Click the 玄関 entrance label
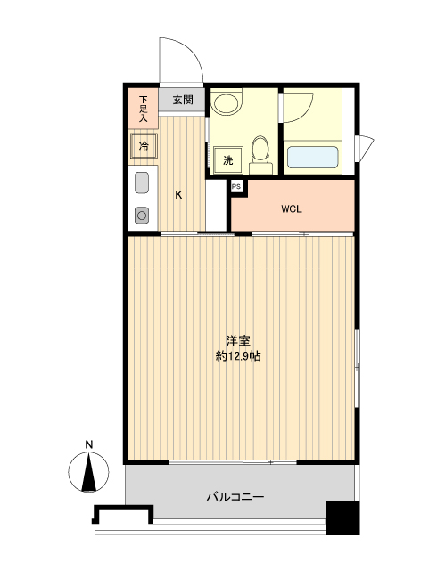tap(183, 100)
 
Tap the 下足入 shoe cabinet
tap(142, 108)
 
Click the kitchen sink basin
tap(142, 184)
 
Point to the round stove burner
tap(142, 214)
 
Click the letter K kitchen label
tap(178, 195)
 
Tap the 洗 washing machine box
tap(228, 161)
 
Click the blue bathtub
tap(312, 158)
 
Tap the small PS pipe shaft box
tap(236, 186)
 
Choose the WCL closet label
tap(292, 209)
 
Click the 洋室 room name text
tap(237, 341)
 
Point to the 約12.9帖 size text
tap(238, 356)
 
